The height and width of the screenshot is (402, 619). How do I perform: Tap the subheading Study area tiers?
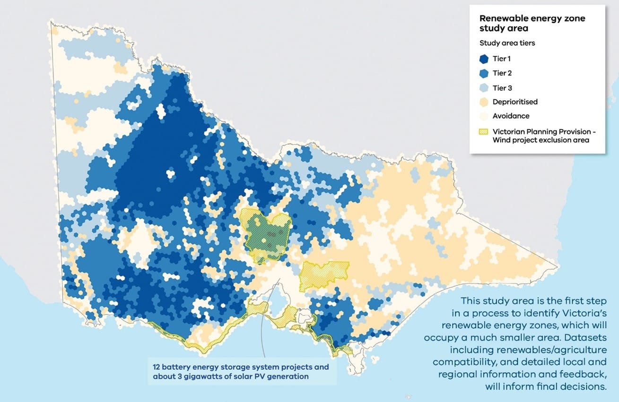(507, 43)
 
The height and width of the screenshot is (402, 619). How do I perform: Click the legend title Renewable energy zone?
(532, 18)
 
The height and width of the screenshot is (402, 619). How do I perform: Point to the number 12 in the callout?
(157, 367)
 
